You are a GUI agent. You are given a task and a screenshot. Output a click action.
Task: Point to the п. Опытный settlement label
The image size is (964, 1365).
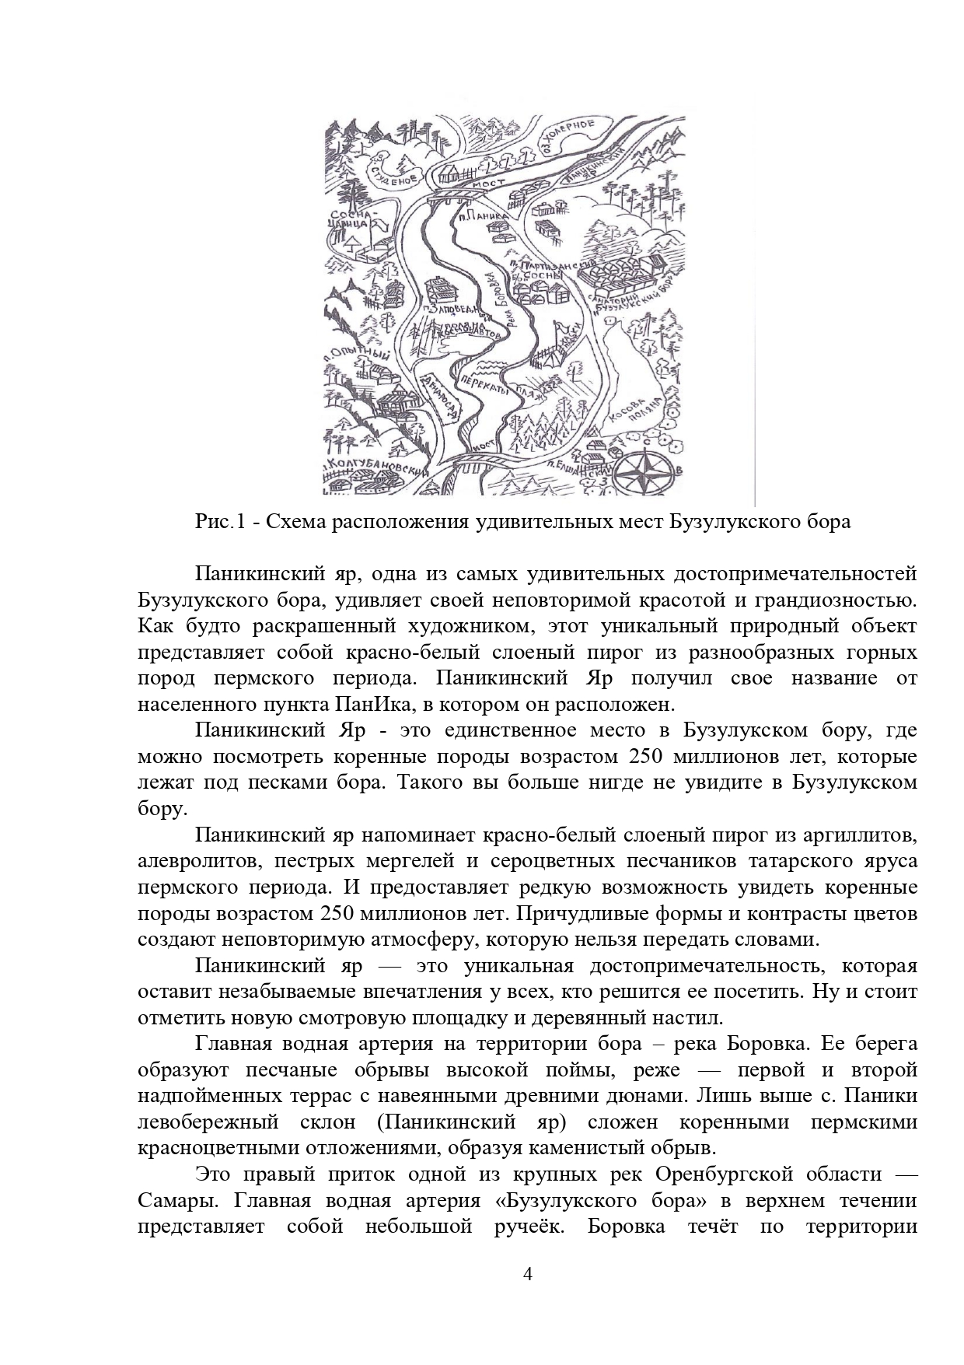[353, 355]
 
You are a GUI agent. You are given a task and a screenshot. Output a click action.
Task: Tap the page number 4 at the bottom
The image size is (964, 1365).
[528, 1274]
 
